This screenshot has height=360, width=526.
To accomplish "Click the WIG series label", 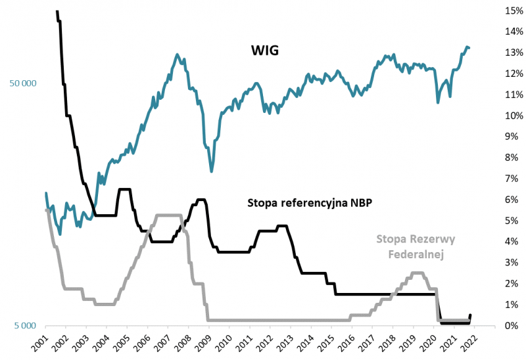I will [x=265, y=50].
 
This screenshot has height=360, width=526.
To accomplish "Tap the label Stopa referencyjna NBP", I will [x=310, y=203].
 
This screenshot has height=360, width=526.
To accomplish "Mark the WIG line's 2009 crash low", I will [x=211, y=171].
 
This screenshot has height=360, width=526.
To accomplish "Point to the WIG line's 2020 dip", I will [x=438, y=102].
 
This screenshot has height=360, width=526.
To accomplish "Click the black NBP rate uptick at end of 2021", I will [x=470, y=315].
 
